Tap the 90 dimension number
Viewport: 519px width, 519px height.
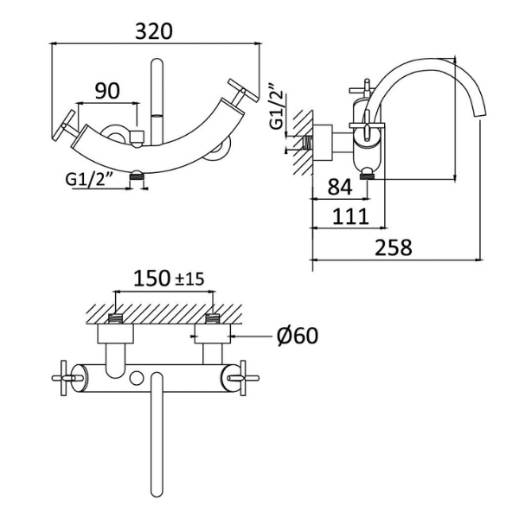tap(107, 91)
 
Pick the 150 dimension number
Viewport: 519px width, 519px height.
tap(151, 279)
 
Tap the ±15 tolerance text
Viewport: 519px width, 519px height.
tap(189, 279)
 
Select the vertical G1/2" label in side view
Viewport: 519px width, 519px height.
tap(276, 106)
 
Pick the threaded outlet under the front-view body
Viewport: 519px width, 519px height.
tap(135, 176)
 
